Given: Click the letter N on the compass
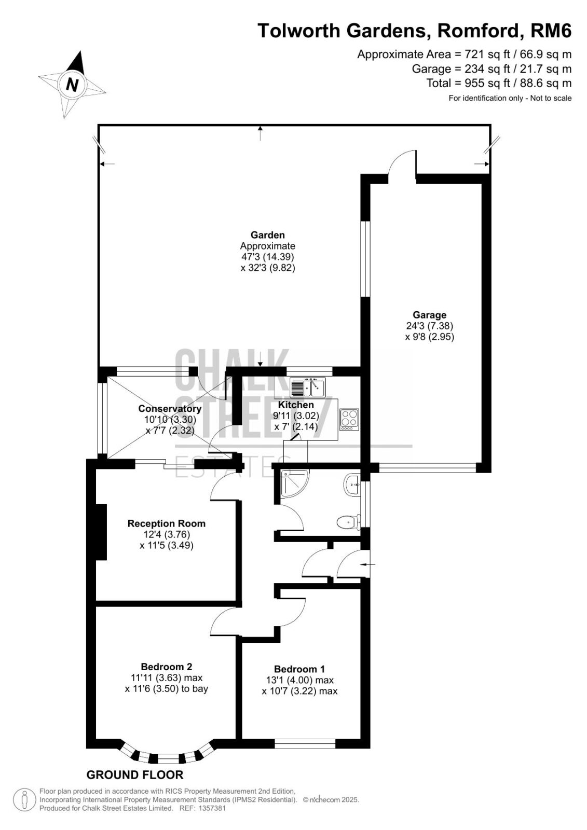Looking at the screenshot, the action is (72, 85).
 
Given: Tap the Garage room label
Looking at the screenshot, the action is (429, 315).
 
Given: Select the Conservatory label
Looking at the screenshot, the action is (170, 409).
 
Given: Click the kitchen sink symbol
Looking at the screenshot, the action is (308, 388).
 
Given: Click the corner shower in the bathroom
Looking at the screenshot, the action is (295, 483).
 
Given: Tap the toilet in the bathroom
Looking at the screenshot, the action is (349, 522).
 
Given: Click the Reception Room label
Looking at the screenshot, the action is (167, 523).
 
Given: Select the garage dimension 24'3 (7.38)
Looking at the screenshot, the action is (429, 326).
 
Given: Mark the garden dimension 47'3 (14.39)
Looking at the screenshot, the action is (267, 256).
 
